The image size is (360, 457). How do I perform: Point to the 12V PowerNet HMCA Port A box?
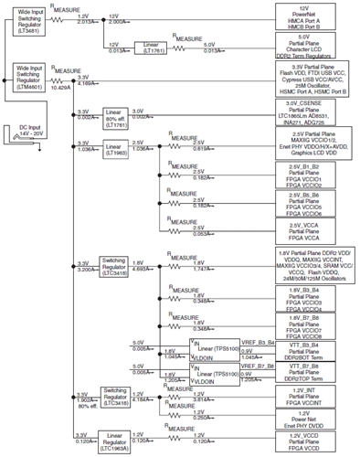click(312, 16)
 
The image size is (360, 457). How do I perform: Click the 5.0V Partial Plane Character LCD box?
click(312, 47)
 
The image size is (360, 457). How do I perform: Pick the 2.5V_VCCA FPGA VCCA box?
click(312, 230)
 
